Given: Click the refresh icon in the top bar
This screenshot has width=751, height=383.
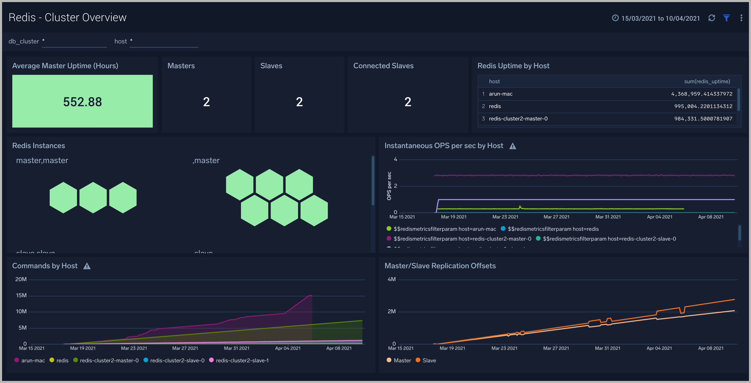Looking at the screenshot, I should (x=712, y=18).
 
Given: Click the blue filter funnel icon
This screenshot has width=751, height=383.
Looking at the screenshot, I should (x=726, y=18).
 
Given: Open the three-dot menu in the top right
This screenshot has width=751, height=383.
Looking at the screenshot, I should (x=741, y=18).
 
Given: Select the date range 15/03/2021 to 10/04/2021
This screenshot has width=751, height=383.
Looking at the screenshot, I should (x=660, y=18).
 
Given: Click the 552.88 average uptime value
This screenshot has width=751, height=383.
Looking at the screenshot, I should (x=82, y=102).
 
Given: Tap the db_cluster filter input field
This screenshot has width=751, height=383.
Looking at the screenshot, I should (x=74, y=41).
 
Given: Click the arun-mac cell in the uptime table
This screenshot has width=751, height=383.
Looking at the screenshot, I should (x=500, y=94).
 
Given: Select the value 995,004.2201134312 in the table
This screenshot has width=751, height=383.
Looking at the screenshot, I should (x=703, y=106).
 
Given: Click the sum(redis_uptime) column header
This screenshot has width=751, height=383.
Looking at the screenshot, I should (x=707, y=81).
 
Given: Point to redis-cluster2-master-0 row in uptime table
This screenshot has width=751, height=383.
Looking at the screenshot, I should (x=518, y=119).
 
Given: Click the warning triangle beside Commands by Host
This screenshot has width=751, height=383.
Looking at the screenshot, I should (x=87, y=266).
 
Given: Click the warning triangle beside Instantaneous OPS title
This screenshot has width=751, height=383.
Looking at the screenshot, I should (x=513, y=146).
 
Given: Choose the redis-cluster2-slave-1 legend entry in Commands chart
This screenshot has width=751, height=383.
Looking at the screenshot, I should (x=242, y=360).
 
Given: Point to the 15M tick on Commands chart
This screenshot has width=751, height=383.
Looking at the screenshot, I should (x=21, y=295).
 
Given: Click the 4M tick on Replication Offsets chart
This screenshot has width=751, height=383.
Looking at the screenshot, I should (x=392, y=279).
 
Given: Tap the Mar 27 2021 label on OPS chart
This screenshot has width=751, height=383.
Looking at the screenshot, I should (x=556, y=217).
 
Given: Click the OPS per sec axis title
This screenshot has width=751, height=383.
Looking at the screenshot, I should (x=389, y=186).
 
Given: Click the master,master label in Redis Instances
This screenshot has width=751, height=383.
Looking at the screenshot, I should (x=42, y=160).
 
